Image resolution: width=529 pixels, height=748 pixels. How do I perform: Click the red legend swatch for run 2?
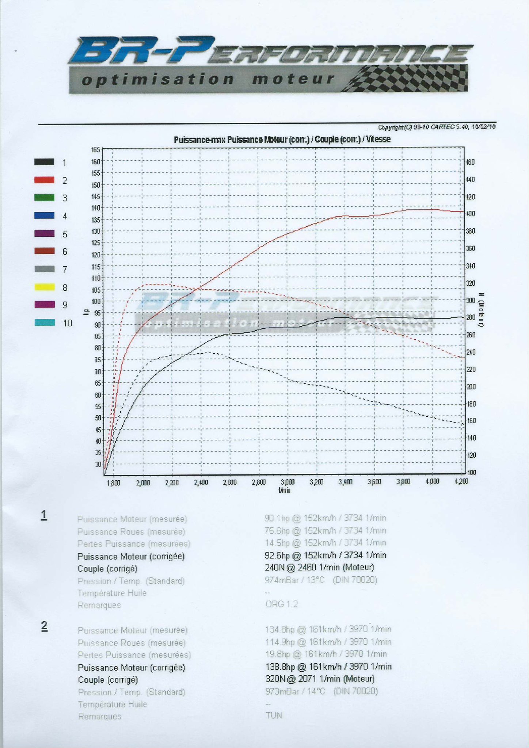[x=44, y=180]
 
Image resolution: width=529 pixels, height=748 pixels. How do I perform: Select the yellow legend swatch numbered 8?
[x=44, y=287]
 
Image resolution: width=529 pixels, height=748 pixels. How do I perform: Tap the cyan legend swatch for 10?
[x=44, y=323]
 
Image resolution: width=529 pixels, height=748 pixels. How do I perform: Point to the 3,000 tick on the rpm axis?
[x=287, y=482]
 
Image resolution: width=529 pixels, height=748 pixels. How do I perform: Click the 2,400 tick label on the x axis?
[x=201, y=482]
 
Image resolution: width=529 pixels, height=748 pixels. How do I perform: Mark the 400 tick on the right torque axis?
[x=471, y=213]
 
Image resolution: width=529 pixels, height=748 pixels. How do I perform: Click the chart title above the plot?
[x=282, y=140]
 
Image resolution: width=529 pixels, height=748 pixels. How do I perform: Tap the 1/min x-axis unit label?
[x=284, y=490]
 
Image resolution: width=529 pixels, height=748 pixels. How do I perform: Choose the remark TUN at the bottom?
[x=274, y=715]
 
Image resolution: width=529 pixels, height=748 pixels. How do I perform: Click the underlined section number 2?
[x=44, y=626]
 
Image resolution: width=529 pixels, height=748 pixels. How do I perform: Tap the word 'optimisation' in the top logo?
[x=158, y=79]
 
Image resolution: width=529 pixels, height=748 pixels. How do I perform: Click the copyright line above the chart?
[x=437, y=127]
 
